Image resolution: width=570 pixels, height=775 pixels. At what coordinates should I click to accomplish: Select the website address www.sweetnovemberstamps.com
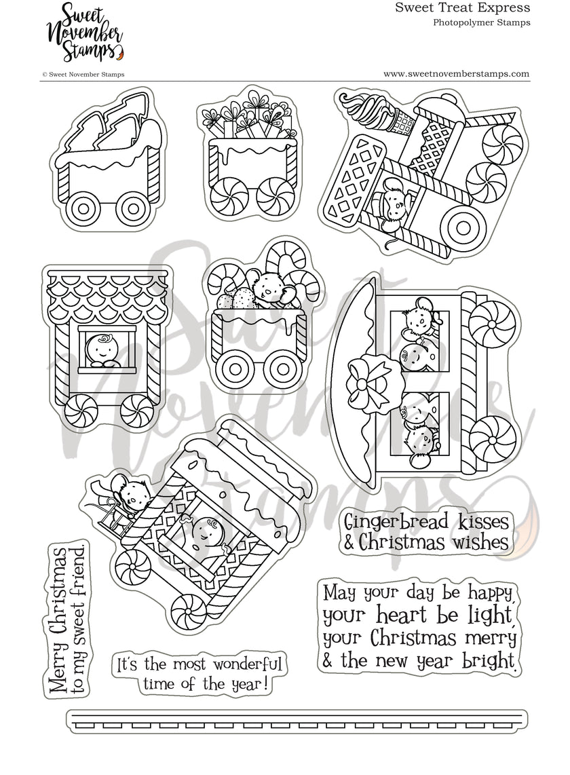[x=456, y=74]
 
